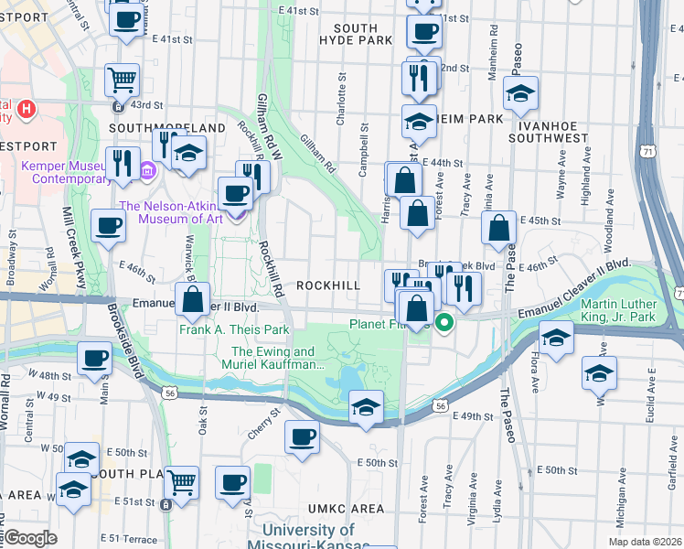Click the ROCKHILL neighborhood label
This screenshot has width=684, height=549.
(x=328, y=285)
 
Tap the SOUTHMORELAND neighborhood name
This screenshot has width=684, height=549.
(x=167, y=127)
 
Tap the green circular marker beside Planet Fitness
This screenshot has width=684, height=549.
(x=444, y=322)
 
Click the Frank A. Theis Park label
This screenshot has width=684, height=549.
(x=234, y=329)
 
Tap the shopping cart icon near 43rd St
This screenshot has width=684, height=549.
(x=122, y=80)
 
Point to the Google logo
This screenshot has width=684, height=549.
(x=30, y=538)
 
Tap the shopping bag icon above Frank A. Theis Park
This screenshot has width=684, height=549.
(x=193, y=298)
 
